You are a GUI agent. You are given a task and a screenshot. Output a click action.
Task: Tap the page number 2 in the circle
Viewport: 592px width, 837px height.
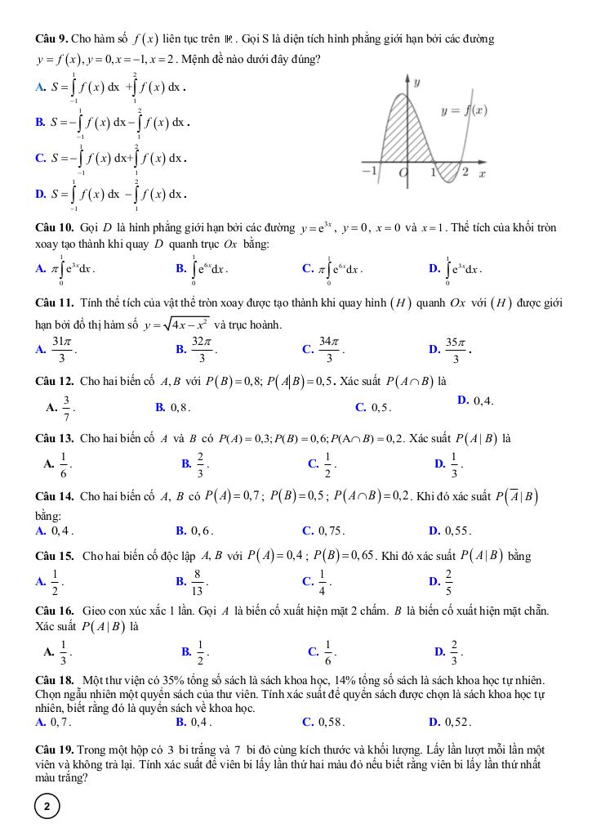[x=47, y=807]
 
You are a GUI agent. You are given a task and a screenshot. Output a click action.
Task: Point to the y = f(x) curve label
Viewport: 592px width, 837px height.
[x=464, y=110]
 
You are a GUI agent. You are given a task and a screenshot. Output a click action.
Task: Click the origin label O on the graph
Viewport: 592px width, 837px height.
[x=403, y=173]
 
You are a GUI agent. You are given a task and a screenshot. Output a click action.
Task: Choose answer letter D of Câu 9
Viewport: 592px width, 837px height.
[x=40, y=194]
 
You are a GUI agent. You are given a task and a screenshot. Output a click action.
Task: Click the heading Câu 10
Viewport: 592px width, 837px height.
[x=56, y=227]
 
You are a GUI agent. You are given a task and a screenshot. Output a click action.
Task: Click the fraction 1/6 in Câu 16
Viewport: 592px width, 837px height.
[x=329, y=651]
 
